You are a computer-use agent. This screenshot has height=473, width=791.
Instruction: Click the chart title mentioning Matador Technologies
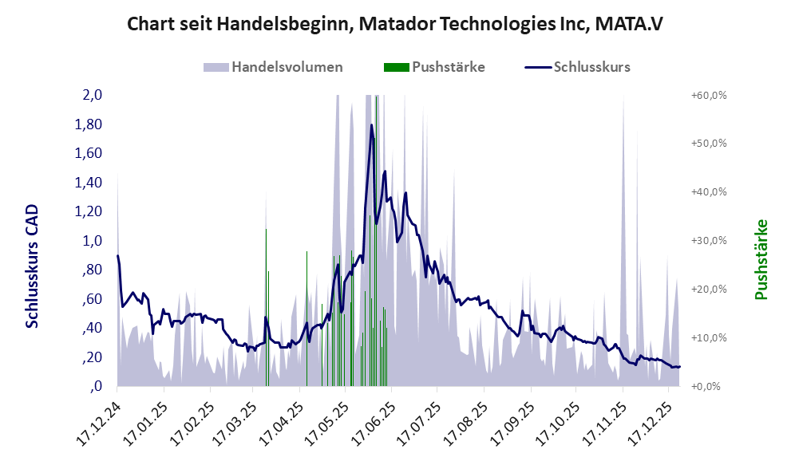click(395, 25)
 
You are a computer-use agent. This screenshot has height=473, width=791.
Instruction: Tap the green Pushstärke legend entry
click(434, 67)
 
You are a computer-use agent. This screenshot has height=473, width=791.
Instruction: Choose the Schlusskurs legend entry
click(578, 67)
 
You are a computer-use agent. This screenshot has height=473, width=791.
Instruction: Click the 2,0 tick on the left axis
click(93, 95)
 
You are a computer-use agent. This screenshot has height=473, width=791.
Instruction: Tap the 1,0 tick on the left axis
click(93, 241)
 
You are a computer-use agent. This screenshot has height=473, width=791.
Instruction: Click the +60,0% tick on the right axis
click(708, 95)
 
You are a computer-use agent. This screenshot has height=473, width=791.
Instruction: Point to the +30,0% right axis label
click(708, 241)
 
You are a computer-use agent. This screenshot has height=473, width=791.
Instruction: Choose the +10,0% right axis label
click(708, 337)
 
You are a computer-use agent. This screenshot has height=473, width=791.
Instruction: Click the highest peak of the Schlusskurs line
click(371, 125)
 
